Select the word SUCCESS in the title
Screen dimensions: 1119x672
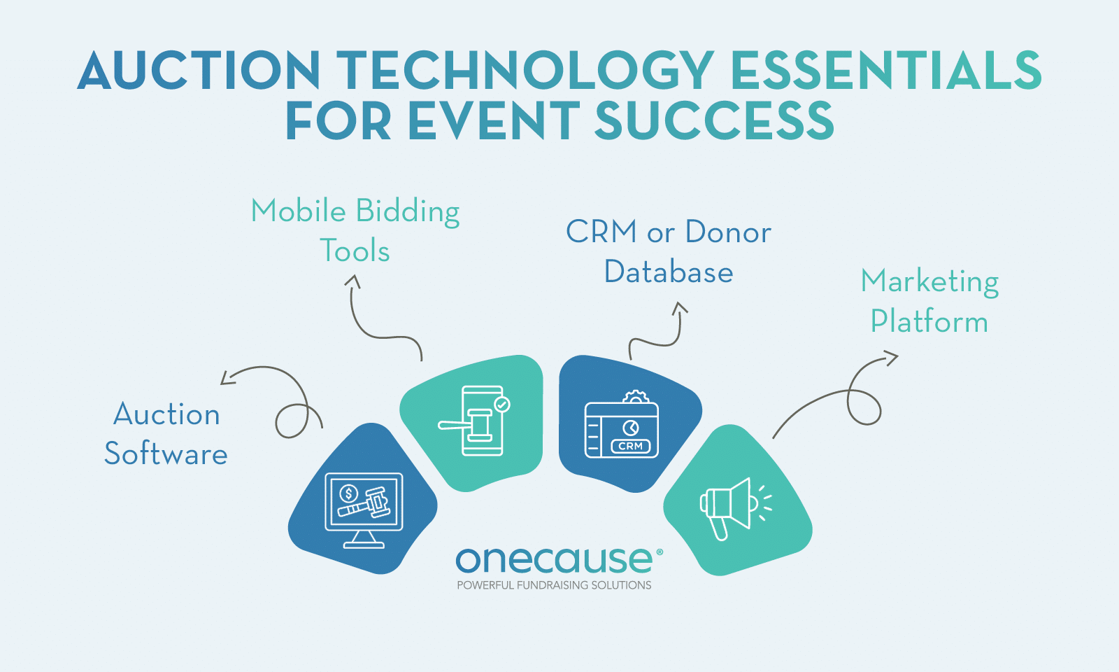714,120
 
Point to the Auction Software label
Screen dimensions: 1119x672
166,434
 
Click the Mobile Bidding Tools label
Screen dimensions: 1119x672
355,230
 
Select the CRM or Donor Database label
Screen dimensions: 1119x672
669,251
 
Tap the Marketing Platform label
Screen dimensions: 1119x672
929,300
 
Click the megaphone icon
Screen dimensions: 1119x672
736,508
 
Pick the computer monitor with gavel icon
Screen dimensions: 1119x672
364,510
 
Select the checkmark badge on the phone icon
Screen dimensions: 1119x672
501,404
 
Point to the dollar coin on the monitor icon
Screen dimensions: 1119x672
348,494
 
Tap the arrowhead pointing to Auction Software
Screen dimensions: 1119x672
227,379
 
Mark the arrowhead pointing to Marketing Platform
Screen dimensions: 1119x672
891,358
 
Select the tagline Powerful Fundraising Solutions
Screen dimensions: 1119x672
554,585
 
